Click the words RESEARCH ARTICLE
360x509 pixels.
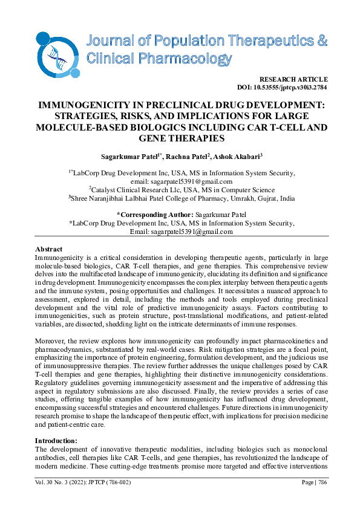point(293,80)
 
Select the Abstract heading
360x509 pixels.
point(48,249)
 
